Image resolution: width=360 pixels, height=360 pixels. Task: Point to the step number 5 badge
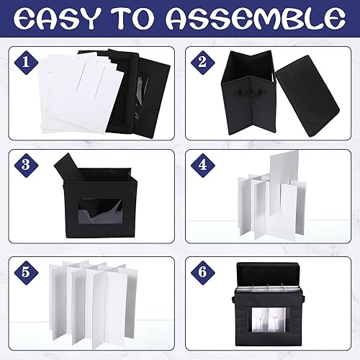coord(27,272)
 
